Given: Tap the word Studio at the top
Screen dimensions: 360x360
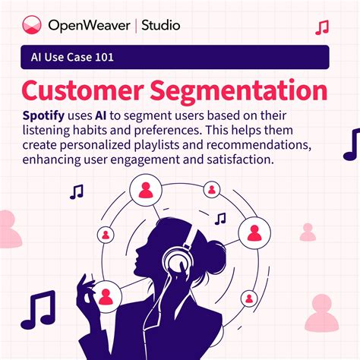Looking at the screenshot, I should click(x=159, y=26).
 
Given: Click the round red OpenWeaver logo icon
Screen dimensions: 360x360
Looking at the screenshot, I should click(x=30, y=26).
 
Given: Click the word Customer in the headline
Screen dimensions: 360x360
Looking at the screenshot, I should click(x=83, y=90).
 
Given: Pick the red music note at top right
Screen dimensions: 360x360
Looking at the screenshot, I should click(x=322, y=28).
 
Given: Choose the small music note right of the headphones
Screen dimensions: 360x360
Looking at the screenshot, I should click(x=220, y=219).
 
